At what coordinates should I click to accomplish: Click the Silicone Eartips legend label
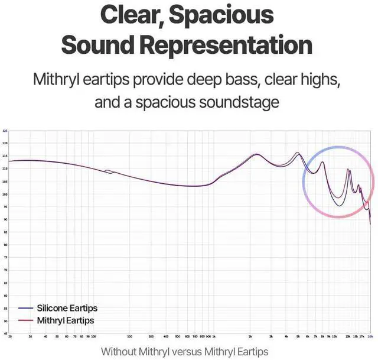point(67,309)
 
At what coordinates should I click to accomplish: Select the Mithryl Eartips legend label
point(65,320)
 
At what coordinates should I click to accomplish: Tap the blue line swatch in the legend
point(26,309)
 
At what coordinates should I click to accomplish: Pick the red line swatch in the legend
point(26,320)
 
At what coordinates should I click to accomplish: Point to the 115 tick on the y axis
point(5,156)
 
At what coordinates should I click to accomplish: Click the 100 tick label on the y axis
point(5,194)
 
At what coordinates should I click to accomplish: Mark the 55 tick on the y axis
point(5,309)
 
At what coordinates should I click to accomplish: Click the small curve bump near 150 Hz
point(108,171)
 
